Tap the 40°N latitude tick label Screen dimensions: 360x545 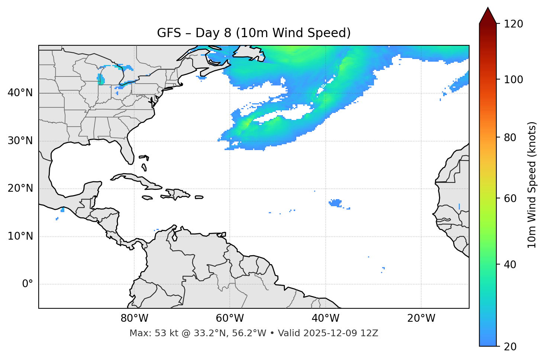click(x=20, y=93)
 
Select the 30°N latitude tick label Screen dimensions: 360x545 click(x=20, y=141)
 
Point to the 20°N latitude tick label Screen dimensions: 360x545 click(x=20, y=188)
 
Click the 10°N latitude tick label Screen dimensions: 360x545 click(x=20, y=236)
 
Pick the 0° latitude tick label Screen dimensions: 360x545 click(x=28, y=284)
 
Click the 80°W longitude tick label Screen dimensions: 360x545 click(x=134, y=318)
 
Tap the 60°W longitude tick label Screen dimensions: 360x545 click(x=230, y=318)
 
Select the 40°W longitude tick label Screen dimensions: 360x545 click(x=325, y=318)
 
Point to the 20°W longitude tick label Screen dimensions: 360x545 click(x=421, y=318)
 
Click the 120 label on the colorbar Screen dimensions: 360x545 click(x=513, y=24)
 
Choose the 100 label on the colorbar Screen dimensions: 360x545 click(x=513, y=80)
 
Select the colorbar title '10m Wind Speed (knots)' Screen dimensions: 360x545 click(x=532, y=185)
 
